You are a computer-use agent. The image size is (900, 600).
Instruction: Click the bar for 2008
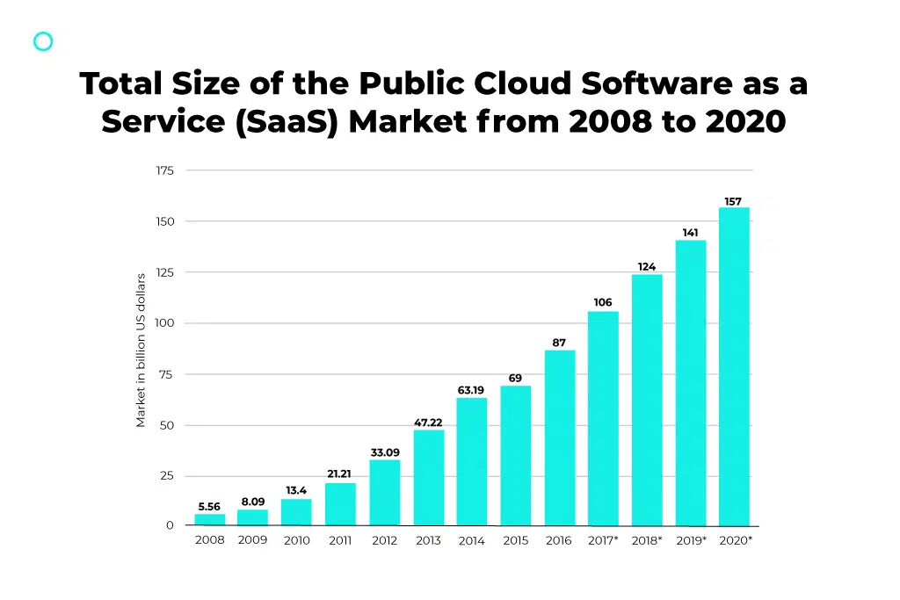[209, 520]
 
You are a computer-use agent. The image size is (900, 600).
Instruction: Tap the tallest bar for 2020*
[734, 366]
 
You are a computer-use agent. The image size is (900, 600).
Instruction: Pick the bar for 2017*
[603, 418]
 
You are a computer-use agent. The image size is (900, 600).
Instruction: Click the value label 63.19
[471, 390]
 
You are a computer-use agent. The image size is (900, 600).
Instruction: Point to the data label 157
[733, 201]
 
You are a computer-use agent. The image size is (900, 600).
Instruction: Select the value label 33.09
[384, 452]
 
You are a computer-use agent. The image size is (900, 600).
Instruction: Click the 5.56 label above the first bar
[209, 507]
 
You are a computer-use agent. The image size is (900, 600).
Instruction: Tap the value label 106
[603, 303]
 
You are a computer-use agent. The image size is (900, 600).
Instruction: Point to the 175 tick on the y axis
[165, 170]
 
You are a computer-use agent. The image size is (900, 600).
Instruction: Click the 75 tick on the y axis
[166, 374]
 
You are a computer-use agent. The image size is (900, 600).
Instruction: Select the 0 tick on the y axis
[170, 525]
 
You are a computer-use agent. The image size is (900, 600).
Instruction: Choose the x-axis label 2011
[340, 540]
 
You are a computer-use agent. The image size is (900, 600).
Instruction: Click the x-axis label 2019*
[691, 540]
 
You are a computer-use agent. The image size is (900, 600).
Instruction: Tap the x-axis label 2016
[559, 540]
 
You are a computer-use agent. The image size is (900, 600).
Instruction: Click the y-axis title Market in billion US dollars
[141, 351]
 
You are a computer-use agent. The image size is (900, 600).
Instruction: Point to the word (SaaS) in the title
[287, 121]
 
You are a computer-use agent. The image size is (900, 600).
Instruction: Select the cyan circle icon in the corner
[43, 41]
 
